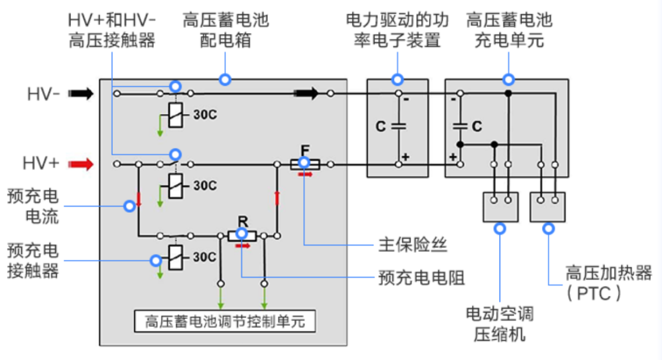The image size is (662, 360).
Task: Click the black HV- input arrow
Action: point(80,94)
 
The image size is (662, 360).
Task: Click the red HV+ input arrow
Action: point(80,164)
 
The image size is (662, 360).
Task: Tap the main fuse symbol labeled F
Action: point(304,164)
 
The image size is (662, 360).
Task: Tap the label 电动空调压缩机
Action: point(500,324)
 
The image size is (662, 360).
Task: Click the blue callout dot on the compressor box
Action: point(500,229)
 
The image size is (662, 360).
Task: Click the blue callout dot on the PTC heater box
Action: point(548,229)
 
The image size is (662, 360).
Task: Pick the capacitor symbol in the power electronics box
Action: point(398,126)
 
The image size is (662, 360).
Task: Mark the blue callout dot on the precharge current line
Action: point(129,206)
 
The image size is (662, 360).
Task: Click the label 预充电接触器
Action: point(33,261)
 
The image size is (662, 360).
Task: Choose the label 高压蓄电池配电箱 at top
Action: point(225,31)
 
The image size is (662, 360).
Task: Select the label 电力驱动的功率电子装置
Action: point(397,31)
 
